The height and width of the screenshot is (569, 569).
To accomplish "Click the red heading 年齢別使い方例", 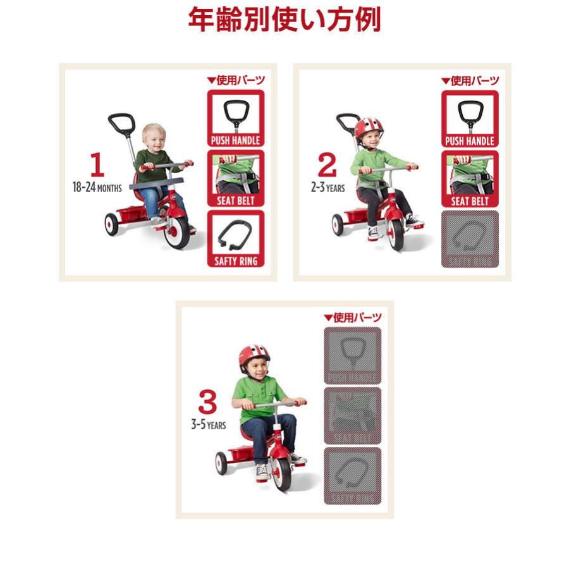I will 284,20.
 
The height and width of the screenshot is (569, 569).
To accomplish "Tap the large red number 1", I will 97,165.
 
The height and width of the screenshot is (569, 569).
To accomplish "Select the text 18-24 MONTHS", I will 97,187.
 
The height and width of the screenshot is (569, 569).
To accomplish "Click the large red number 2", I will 327,165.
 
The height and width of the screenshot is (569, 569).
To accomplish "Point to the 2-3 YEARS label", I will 327,187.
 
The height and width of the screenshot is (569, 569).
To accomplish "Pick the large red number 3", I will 207,403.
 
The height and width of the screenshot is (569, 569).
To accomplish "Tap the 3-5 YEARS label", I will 208,425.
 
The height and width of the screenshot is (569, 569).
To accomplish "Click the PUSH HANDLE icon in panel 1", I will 236,118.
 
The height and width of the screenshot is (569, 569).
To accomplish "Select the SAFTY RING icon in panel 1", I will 236,239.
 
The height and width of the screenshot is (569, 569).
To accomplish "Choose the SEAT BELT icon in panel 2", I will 470,179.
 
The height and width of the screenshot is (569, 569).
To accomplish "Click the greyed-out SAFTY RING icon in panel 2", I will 470,239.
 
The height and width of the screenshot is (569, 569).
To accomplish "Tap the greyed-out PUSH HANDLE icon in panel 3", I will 352,355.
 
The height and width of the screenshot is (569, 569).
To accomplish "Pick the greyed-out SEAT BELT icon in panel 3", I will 352,415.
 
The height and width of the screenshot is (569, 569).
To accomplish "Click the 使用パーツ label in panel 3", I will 353,317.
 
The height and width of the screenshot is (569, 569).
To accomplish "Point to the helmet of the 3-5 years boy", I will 254,356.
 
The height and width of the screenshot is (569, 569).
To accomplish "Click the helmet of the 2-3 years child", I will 369,128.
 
